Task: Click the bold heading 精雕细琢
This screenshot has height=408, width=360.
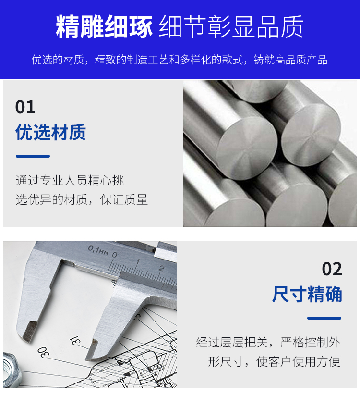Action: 104,27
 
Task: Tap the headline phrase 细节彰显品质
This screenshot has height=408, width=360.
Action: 231,27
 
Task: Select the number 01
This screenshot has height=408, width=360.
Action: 25,107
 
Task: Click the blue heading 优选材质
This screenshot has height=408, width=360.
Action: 51,132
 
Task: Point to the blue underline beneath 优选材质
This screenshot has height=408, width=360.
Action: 33,156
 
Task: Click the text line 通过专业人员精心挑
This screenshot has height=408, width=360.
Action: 70,180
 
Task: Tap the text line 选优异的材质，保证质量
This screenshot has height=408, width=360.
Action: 82,199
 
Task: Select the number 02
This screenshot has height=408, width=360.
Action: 332,269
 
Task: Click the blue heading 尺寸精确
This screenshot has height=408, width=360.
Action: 307,294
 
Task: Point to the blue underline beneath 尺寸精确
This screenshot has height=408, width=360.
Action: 324,318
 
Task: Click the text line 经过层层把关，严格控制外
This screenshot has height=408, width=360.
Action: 268,342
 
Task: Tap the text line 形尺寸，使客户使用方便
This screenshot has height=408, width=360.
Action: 274,361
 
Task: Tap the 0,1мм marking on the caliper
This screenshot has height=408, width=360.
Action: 98,250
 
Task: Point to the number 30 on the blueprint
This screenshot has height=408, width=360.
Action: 43,352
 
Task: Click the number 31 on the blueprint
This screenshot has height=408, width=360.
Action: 75,340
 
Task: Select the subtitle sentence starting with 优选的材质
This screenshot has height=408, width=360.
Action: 180,60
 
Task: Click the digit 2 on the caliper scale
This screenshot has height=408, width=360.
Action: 161,268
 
